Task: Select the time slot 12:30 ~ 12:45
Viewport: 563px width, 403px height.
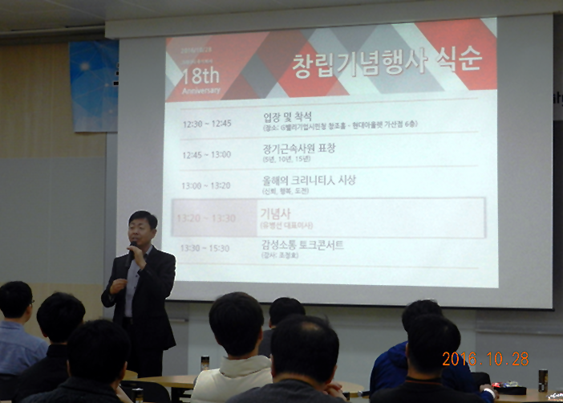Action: coord(206,124)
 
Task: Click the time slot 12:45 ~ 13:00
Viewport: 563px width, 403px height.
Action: coord(206,154)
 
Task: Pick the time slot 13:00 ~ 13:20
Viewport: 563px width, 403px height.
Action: coord(205,185)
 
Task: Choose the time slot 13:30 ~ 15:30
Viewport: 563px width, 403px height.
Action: coord(206,248)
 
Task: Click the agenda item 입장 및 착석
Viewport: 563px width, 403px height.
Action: coord(286,116)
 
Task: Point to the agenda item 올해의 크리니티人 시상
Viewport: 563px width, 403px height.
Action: coord(309,180)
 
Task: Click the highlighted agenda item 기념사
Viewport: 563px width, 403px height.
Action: coord(275,213)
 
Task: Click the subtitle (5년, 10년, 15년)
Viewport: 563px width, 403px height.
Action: coord(286,160)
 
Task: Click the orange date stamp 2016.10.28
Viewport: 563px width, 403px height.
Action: coord(485,359)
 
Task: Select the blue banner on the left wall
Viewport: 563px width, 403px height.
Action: coord(93,85)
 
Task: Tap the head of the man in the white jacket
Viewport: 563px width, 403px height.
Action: coord(237,323)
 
